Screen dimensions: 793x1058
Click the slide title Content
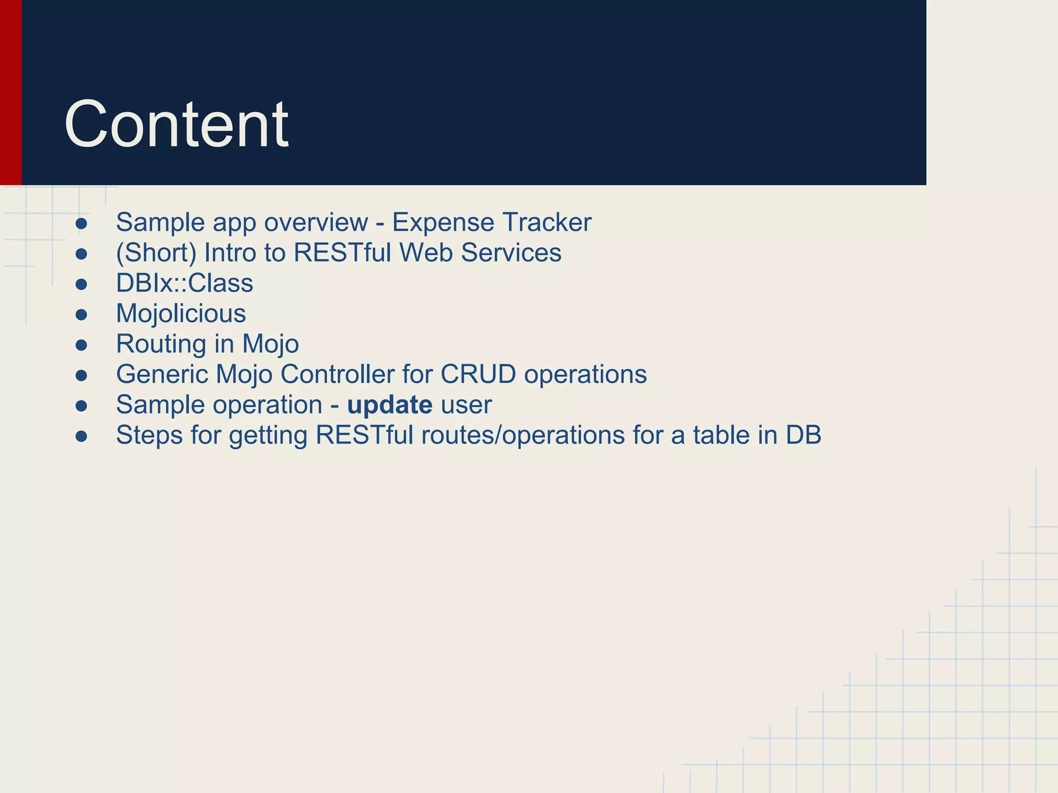tap(176, 124)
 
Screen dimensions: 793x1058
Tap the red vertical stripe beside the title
tap(10, 93)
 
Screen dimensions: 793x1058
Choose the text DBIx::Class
tap(184, 283)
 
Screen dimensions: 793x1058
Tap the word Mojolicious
tap(181, 313)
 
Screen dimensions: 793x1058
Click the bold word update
tap(390, 405)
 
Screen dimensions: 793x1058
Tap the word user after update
tap(465, 405)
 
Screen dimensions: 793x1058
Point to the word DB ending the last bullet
tap(803, 435)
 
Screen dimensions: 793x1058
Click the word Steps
tap(149, 435)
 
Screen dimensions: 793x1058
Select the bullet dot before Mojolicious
tap(81, 314)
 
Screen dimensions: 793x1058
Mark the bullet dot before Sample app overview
tap(81, 224)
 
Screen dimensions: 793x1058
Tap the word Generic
tap(162, 374)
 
